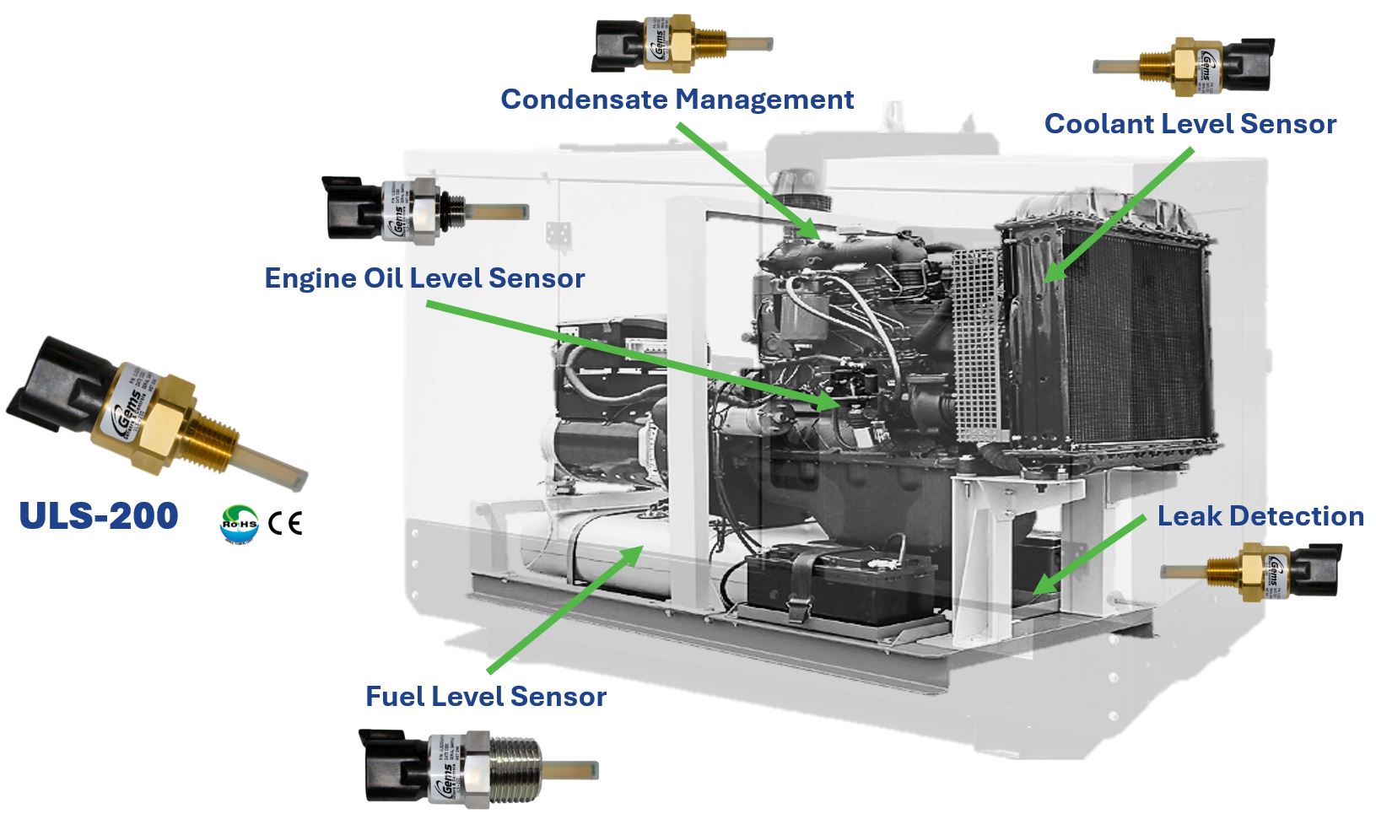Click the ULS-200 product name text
point(99,515)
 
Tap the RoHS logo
point(239,523)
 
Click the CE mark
point(285,524)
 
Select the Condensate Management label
point(677,100)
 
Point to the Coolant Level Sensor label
point(1190,124)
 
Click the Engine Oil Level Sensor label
point(424,278)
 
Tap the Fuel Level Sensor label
point(485,697)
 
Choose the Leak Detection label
point(1260,516)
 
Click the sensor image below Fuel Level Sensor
point(472,768)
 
